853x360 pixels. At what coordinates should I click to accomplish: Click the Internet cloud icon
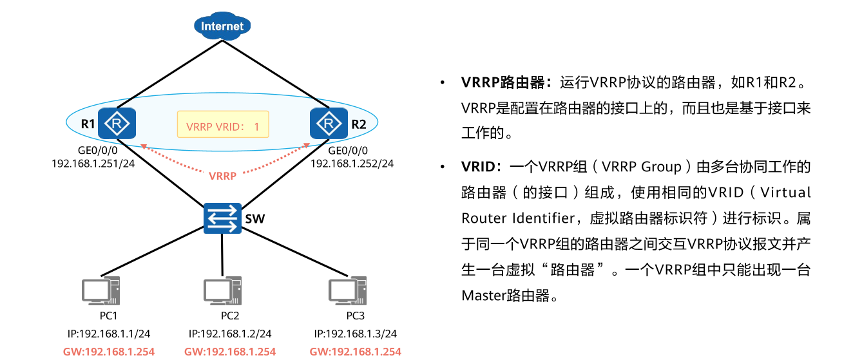(222, 26)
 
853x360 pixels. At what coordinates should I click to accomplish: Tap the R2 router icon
(329, 122)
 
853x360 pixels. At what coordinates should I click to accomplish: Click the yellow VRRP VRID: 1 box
(223, 126)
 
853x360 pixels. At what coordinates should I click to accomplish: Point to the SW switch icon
(222, 218)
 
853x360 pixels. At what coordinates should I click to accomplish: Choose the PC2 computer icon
(222, 292)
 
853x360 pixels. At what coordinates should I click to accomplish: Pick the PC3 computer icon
(348, 292)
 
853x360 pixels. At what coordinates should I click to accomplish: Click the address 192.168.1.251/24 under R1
(93, 164)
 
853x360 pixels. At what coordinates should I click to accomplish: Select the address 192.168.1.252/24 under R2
(352, 164)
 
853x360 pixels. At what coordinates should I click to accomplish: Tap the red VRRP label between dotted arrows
(222, 175)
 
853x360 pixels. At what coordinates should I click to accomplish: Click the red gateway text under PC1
(109, 352)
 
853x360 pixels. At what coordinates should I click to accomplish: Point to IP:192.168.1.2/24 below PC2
(230, 334)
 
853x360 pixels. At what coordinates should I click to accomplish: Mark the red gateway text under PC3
(355, 352)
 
